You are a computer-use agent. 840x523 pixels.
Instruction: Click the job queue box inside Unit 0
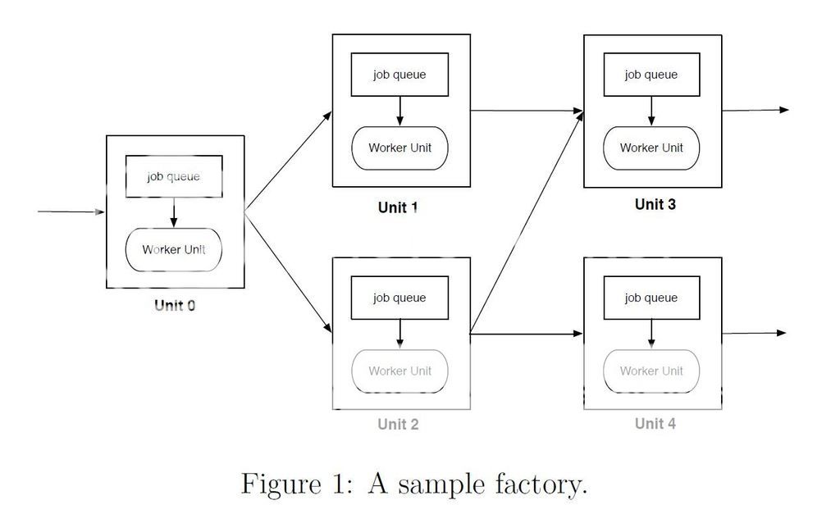click(x=173, y=176)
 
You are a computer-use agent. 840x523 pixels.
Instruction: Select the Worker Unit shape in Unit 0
click(x=173, y=249)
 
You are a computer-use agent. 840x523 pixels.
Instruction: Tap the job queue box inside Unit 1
click(x=399, y=75)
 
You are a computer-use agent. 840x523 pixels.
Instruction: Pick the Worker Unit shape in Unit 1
click(x=399, y=148)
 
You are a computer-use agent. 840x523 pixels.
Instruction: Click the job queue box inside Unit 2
click(x=399, y=298)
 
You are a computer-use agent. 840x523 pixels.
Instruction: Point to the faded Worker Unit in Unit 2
click(x=399, y=371)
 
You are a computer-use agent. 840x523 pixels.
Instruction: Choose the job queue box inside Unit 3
click(x=651, y=75)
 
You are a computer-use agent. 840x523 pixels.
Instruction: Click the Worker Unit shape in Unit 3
click(x=651, y=148)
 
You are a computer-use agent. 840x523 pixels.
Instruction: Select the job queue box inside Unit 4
click(x=651, y=298)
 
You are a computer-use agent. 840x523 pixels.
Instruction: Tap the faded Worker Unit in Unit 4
click(x=651, y=371)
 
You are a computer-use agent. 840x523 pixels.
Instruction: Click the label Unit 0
click(x=175, y=306)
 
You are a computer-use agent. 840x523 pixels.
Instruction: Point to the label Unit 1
click(x=398, y=207)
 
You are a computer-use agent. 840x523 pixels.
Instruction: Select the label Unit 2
click(x=398, y=424)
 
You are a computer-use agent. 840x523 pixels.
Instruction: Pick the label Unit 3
click(x=655, y=204)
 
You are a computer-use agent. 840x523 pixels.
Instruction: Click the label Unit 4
click(x=655, y=423)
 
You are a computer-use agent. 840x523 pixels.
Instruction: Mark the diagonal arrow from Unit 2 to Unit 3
click(x=526, y=222)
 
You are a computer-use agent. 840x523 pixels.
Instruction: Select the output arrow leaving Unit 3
click(x=755, y=110)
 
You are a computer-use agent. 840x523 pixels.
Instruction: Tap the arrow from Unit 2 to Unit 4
click(x=526, y=334)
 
